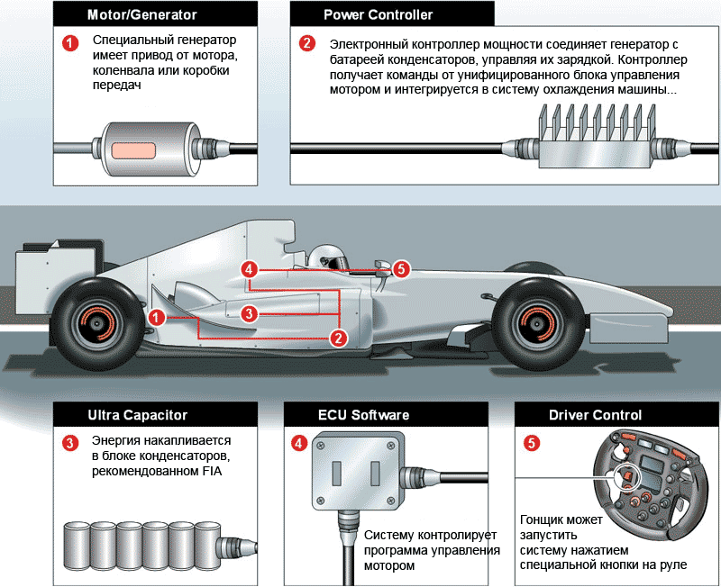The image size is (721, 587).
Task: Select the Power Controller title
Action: pos(378,15)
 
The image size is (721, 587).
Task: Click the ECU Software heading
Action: pos(363,415)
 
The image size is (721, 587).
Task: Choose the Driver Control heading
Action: pos(595,415)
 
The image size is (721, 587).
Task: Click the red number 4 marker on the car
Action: pos(251,269)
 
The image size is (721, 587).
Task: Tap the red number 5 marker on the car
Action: pos(401,268)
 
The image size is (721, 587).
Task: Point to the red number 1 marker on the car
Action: pos(157,316)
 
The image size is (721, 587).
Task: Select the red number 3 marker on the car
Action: pos(250,312)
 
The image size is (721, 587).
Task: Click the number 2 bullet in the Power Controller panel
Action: pos(307,43)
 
